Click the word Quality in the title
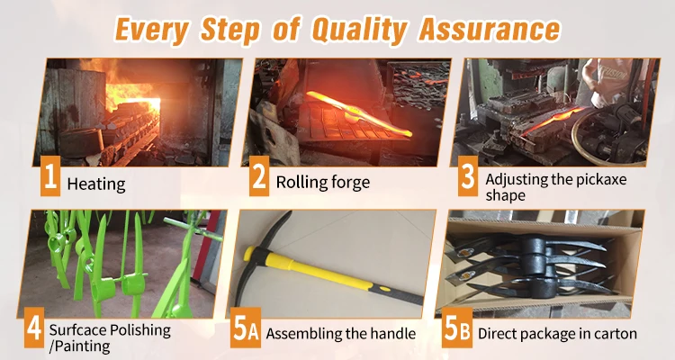[x=358, y=30]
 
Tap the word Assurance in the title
[x=490, y=29]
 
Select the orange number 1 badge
[x=50, y=176]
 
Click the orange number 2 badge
[x=259, y=176]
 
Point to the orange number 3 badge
[x=468, y=176]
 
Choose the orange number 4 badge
[x=34, y=328]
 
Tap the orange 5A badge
[x=246, y=328]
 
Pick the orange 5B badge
[x=457, y=328]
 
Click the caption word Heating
[x=96, y=184]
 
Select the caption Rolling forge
[x=323, y=182]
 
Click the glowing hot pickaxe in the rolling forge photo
[x=360, y=114]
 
